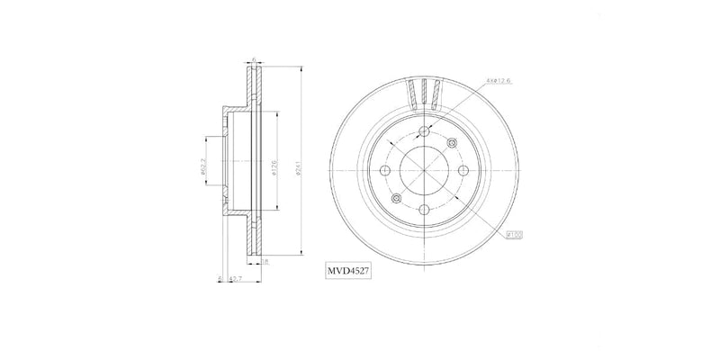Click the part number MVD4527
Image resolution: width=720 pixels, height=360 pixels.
[x=350, y=269]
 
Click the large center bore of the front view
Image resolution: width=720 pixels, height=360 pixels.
[x=424, y=170]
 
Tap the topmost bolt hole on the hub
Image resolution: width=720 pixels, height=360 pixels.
[x=424, y=131]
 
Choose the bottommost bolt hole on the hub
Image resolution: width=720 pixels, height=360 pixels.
[x=424, y=209]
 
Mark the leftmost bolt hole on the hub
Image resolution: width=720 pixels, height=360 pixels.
[x=385, y=170]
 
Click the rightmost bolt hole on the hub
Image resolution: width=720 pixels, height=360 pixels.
[x=463, y=170]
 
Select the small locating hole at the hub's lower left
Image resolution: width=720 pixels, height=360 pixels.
[x=396, y=198]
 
